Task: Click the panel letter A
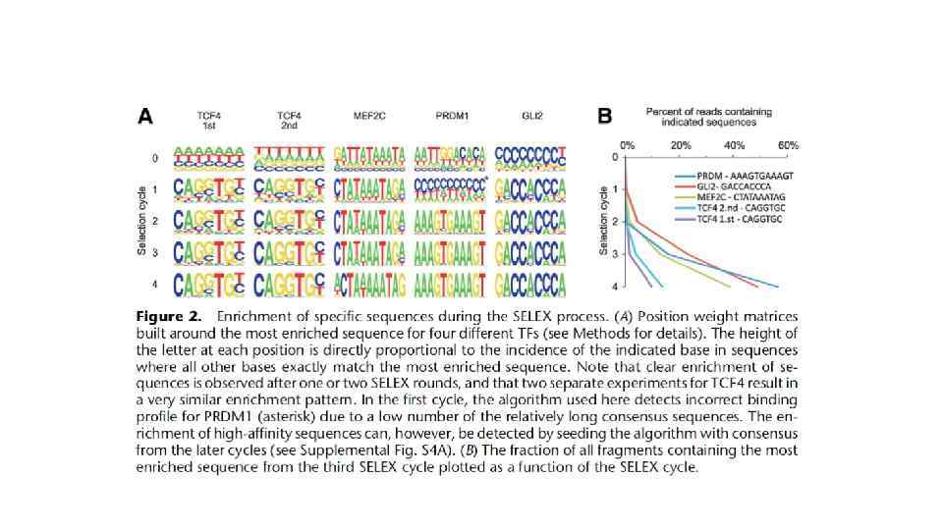(x=144, y=117)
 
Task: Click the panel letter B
(x=605, y=117)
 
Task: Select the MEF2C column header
(x=368, y=116)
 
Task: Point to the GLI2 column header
(x=531, y=116)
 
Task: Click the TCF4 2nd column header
(x=289, y=121)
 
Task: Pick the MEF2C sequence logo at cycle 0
(x=368, y=156)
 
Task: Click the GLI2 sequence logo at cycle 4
(x=531, y=285)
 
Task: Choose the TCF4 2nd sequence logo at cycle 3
(x=288, y=252)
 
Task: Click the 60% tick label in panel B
(x=788, y=145)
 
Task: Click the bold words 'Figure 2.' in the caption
(x=169, y=317)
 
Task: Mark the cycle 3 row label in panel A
(x=153, y=253)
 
